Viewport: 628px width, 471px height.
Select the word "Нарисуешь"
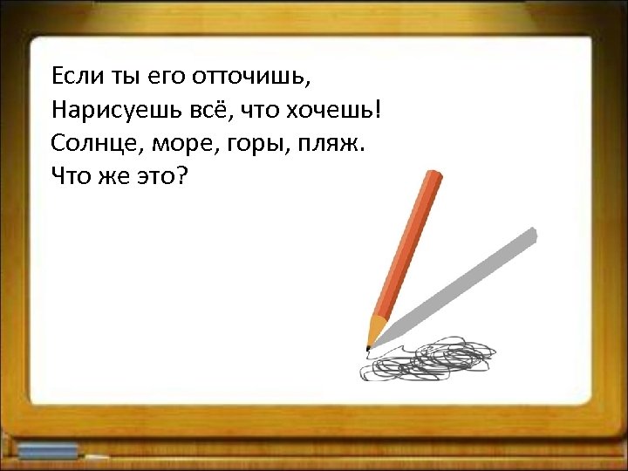point(104,110)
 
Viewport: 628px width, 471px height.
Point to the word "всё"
point(199,110)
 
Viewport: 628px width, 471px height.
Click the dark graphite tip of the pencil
point(368,347)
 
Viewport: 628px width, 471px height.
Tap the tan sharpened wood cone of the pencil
point(375,330)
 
